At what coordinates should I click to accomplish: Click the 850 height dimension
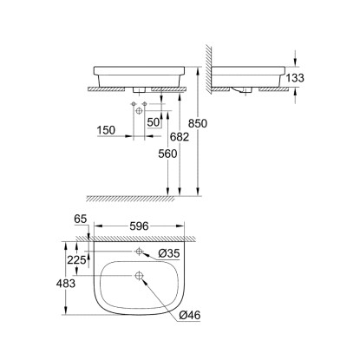(198, 123)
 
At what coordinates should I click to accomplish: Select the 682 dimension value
(180, 137)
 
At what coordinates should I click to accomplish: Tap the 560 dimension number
(167, 154)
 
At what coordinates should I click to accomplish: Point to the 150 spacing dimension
(106, 130)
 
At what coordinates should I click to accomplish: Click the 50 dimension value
(154, 122)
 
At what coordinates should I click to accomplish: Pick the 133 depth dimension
(295, 78)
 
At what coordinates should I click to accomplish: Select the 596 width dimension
(139, 226)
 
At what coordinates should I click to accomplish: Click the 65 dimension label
(81, 219)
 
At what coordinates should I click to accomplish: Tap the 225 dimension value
(76, 260)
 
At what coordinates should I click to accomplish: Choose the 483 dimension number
(66, 284)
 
